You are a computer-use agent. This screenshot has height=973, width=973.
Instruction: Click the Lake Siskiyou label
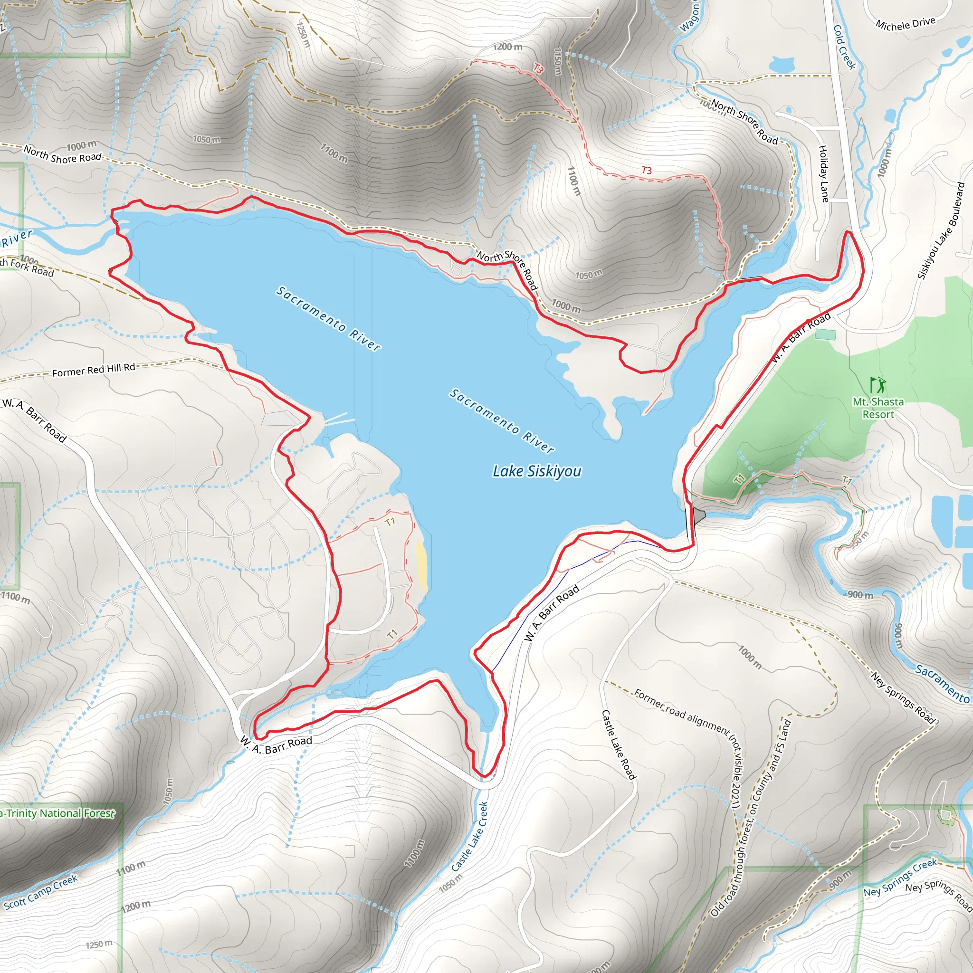click(x=537, y=471)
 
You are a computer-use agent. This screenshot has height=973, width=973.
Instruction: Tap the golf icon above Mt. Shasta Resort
click(x=878, y=385)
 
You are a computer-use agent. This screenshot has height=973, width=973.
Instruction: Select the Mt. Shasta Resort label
click(x=878, y=409)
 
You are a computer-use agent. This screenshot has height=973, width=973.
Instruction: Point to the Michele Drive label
click(x=905, y=24)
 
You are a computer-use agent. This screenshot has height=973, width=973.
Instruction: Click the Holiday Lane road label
click(x=823, y=174)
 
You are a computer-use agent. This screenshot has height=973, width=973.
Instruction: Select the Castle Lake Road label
click(x=619, y=745)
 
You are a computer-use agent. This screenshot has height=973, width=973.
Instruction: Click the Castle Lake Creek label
click(x=469, y=837)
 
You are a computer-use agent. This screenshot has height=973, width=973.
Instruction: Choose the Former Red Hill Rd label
click(x=94, y=370)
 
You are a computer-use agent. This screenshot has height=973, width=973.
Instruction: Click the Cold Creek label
click(x=845, y=47)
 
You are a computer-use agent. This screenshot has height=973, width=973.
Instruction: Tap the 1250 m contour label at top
click(x=303, y=34)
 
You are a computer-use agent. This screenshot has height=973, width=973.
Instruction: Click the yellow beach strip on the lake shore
click(x=421, y=567)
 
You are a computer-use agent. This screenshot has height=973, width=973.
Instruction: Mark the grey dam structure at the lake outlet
click(x=698, y=515)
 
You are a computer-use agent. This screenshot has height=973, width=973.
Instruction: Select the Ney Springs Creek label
click(x=900, y=878)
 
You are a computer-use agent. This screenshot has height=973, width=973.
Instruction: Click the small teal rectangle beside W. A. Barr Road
click(x=825, y=334)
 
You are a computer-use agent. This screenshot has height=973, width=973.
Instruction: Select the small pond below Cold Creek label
click(x=782, y=65)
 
